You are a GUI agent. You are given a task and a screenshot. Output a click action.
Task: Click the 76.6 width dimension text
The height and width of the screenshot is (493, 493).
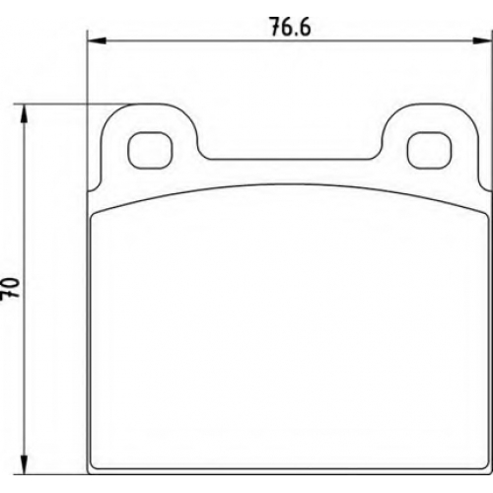(x=290, y=27)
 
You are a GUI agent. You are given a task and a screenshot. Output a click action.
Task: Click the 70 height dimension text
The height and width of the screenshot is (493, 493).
(x=10, y=288)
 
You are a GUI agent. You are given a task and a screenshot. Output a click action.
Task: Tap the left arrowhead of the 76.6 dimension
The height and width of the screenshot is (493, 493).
(x=97, y=40)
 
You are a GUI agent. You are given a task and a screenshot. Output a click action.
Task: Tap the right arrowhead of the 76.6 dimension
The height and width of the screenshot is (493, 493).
(x=482, y=40)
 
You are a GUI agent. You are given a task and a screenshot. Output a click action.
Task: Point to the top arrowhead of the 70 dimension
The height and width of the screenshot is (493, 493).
(x=24, y=114)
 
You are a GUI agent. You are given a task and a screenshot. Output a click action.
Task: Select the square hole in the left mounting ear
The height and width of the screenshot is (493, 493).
(x=150, y=151)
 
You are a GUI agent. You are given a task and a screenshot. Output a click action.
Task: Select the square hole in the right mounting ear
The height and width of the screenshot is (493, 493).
(x=429, y=151)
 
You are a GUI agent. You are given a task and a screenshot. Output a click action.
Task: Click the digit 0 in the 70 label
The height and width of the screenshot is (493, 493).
(x=10, y=283)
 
